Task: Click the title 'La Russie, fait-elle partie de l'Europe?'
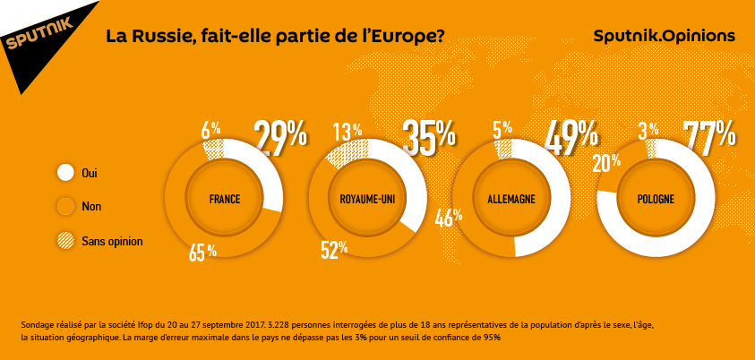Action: pos(274,37)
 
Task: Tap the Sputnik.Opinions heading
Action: pos(664,37)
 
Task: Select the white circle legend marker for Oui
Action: pos(65,172)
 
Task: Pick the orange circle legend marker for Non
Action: pos(65,207)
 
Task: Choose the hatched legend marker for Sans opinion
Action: pos(65,241)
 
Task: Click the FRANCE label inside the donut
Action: pos(224,199)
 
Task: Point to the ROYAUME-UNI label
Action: pos(367,199)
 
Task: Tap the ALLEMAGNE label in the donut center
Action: pos(511,199)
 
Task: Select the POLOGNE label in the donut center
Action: pos(655,199)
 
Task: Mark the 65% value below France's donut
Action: pos(202,252)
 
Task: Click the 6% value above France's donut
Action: pos(210,129)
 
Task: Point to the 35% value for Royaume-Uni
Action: pos(428,137)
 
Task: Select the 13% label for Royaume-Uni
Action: pos(347,132)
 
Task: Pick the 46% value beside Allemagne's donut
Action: pos(448,217)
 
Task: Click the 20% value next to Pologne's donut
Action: pos(606,162)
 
